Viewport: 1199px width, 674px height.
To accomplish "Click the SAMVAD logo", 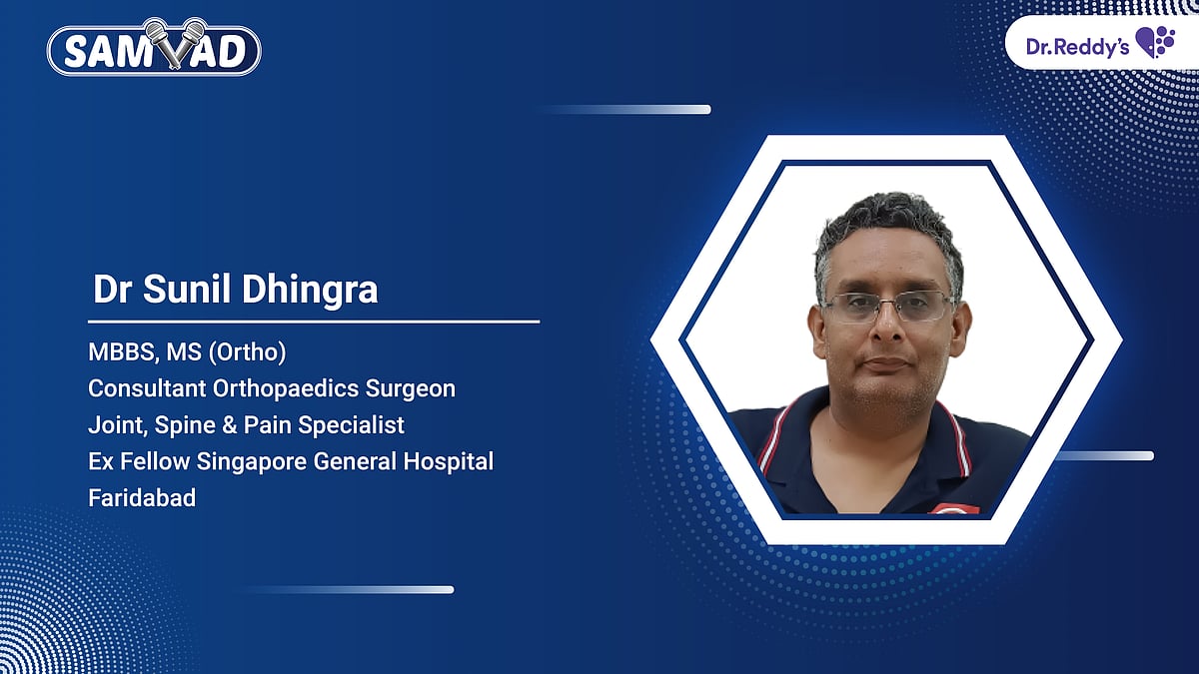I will (x=154, y=50).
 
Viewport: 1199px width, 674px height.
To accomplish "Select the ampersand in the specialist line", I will (x=231, y=424).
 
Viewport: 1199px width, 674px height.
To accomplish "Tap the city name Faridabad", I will (x=141, y=497).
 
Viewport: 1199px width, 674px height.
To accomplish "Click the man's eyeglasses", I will (x=885, y=307).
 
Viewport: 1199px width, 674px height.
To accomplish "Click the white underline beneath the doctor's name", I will (x=313, y=322).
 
